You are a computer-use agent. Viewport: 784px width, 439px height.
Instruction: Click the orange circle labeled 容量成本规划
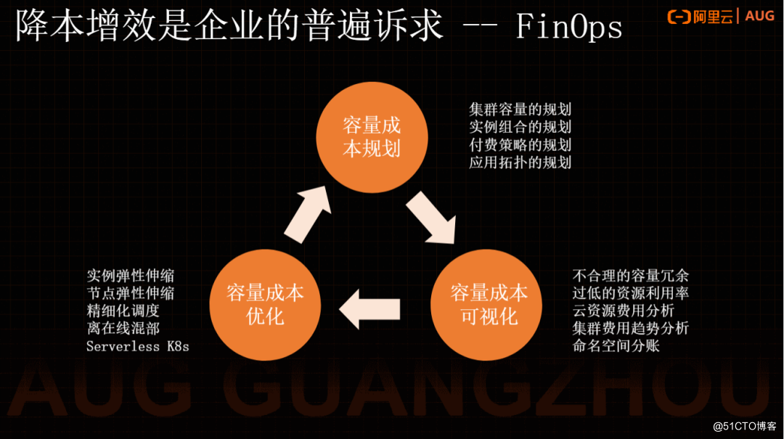[x=372, y=137]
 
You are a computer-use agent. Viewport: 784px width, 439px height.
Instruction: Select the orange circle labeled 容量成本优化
[x=265, y=305]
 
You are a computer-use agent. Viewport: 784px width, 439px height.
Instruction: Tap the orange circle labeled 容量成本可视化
[x=489, y=305]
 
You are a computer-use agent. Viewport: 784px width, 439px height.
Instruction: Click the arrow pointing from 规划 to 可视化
[x=431, y=218]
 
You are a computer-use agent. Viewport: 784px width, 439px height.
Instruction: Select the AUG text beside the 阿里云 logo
[x=759, y=16]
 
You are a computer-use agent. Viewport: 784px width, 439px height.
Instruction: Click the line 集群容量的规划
[x=520, y=110]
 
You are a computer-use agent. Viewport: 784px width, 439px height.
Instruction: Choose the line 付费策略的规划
[x=520, y=144]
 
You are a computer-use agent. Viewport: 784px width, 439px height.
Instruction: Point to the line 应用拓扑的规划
[x=520, y=163]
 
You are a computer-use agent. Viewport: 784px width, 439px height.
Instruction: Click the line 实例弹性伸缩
[x=130, y=276]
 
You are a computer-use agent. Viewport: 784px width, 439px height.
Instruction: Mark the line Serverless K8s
[x=137, y=346]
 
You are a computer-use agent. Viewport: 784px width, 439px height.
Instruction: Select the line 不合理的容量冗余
[x=630, y=276]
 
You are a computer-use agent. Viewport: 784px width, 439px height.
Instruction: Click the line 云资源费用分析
[x=623, y=311]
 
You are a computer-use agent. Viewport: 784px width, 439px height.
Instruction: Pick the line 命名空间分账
[x=616, y=345]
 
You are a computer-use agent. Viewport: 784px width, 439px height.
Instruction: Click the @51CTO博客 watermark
[x=743, y=425]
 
